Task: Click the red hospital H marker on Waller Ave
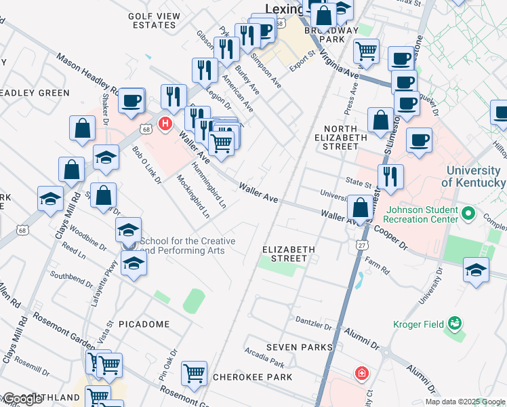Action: click(x=164, y=123)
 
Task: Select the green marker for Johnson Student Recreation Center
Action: click(x=468, y=214)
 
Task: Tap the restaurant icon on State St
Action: click(x=390, y=177)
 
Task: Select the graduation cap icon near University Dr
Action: click(x=476, y=269)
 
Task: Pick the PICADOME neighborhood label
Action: click(x=144, y=324)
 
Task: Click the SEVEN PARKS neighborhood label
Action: click(x=300, y=347)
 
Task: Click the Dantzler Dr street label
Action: click(x=311, y=319)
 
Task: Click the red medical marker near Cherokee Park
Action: click(x=362, y=374)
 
